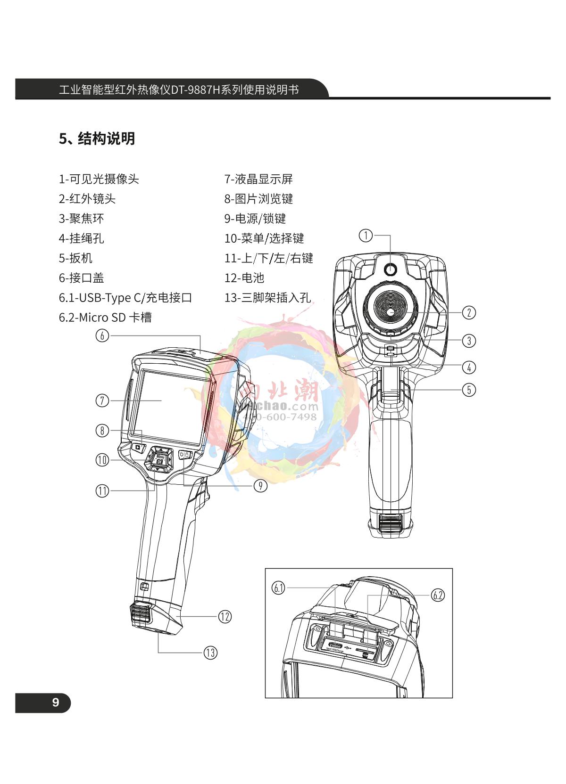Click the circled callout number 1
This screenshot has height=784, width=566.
click(366, 235)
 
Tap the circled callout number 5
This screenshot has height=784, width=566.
click(468, 390)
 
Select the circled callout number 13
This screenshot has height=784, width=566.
click(210, 653)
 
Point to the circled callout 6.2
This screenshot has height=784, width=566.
click(438, 595)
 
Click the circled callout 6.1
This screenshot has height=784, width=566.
click(279, 588)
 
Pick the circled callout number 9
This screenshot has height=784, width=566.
click(260, 485)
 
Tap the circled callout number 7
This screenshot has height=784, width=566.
click(102, 400)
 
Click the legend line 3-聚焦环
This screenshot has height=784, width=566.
click(81, 219)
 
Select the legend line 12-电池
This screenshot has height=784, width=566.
click(244, 278)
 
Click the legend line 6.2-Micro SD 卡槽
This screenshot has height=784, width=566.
click(105, 318)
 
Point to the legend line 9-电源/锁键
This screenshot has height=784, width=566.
click(255, 219)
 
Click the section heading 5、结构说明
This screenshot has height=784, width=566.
click(97, 139)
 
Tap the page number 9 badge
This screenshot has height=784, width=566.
click(56, 702)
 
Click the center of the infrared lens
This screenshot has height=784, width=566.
click(391, 312)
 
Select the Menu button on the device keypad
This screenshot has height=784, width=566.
click(160, 456)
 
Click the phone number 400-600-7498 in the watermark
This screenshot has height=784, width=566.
click(280, 417)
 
